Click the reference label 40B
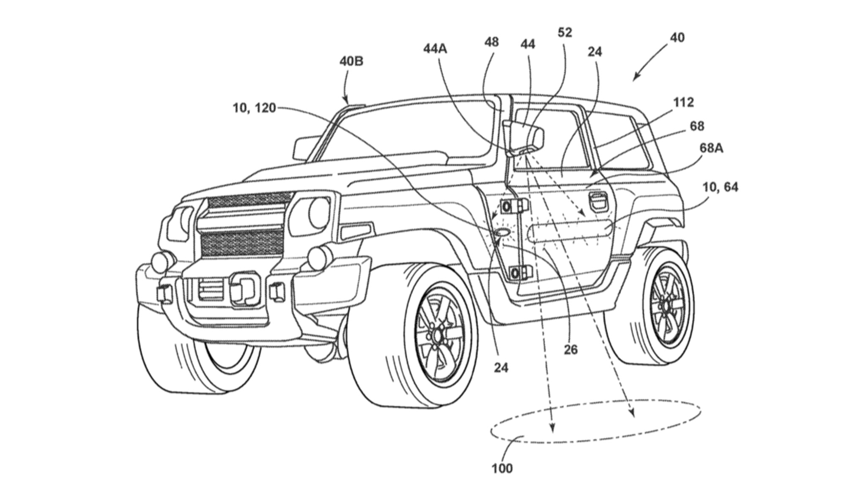pos(351,62)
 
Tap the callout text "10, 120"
pos(254,108)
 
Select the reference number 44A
pos(435,49)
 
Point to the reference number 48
pos(491,42)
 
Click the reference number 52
pos(565,33)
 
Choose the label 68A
pos(712,148)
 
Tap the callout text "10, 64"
pos(721,187)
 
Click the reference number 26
pos(570,350)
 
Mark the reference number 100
pos(502,468)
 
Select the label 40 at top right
pos(677,38)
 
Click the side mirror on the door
pos(524,135)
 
